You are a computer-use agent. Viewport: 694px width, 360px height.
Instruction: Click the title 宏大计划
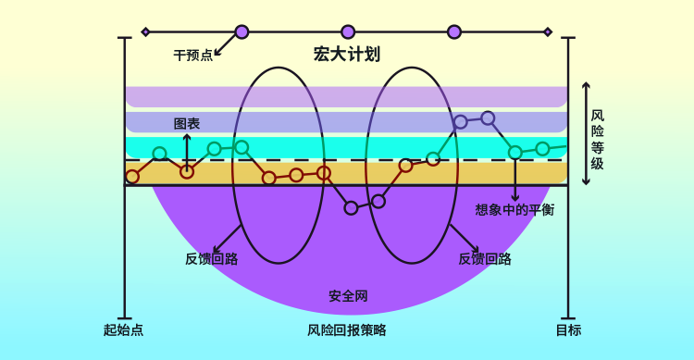click(x=347, y=55)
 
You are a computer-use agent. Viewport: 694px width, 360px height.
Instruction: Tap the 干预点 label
click(x=192, y=56)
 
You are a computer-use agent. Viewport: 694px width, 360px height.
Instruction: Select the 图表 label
click(x=187, y=123)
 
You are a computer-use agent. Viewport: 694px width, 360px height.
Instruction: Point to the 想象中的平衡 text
click(x=514, y=210)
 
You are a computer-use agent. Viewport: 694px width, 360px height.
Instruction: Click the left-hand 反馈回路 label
click(x=212, y=259)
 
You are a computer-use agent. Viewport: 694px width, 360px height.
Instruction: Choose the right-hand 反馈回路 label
click(x=485, y=259)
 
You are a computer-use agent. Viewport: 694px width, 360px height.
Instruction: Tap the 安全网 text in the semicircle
click(x=348, y=297)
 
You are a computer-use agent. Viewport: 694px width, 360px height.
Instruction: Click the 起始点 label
click(x=123, y=329)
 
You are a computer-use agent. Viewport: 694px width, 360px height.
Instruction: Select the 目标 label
click(x=568, y=329)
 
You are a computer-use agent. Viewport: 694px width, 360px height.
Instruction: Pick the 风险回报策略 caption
click(x=347, y=329)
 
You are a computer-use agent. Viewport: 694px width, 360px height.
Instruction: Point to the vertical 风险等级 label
click(x=598, y=140)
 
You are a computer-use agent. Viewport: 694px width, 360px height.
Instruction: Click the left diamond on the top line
click(x=145, y=31)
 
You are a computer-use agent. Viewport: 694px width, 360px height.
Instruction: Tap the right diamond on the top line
click(x=548, y=31)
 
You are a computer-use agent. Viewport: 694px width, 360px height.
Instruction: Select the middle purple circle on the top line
click(x=348, y=31)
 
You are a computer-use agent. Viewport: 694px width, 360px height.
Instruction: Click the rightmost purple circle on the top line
click(x=454, y=31)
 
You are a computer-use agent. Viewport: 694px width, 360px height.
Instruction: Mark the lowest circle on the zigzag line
click(x=351, y=207)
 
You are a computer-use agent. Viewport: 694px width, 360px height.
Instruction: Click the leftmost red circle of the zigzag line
click(x=132, y=176)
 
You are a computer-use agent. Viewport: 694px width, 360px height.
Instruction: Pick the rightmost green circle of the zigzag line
click(x=542, y=148)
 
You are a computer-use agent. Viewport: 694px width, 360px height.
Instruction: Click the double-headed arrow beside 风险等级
click(x=585, y=132)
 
